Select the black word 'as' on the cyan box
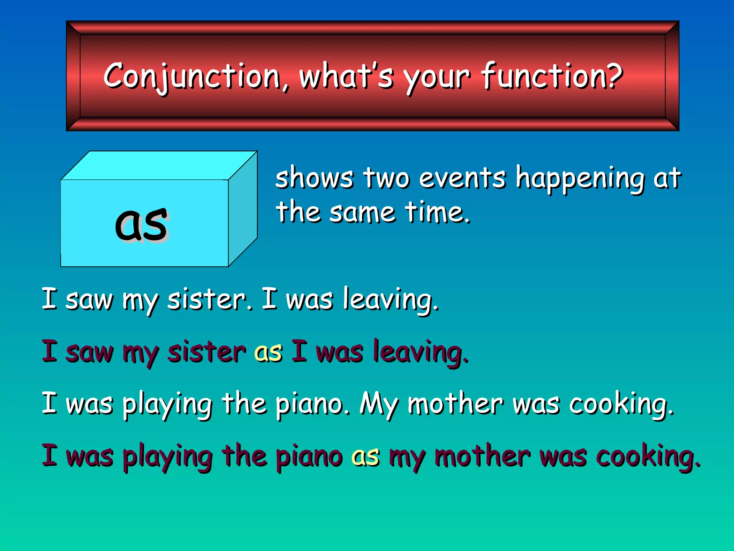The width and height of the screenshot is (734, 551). coord(141,224)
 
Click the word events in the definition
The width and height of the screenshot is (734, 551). coord(462,178)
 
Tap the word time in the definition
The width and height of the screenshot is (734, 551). coord(437,212)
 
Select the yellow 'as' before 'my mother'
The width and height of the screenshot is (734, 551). coord(365,457)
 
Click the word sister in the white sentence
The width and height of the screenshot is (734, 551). coord(207,300)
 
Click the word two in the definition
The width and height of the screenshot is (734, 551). coord(386,178)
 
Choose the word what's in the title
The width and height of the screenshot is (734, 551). coord(346,76)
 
